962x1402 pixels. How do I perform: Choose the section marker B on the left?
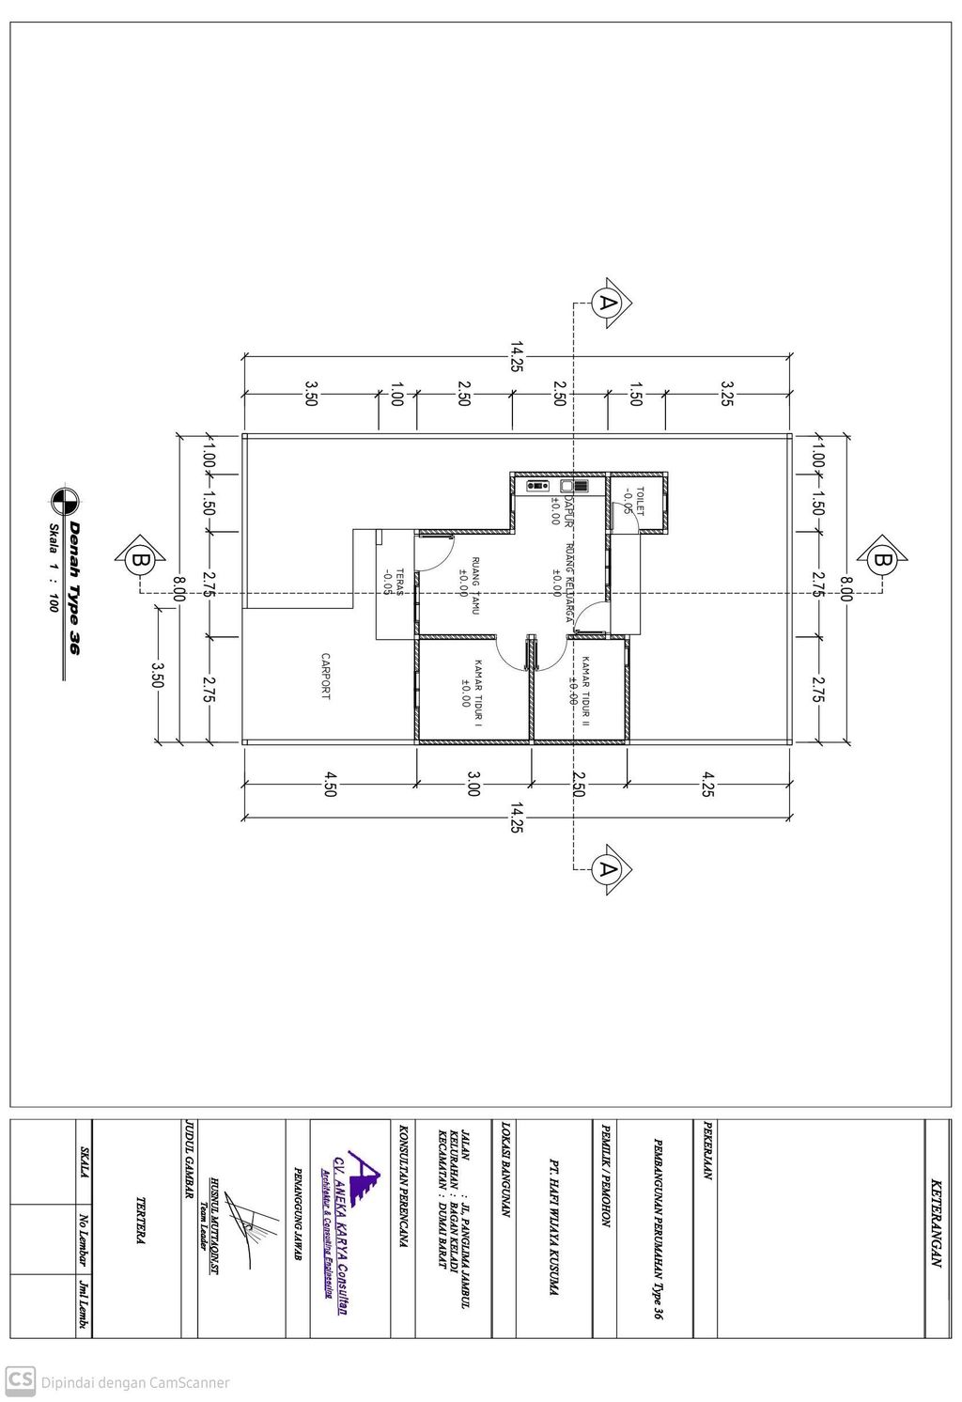[x=140, y=560]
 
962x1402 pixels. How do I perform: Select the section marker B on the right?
[x=882, y=560]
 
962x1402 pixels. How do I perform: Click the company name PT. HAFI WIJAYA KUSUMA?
[x=553, y=1231]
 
